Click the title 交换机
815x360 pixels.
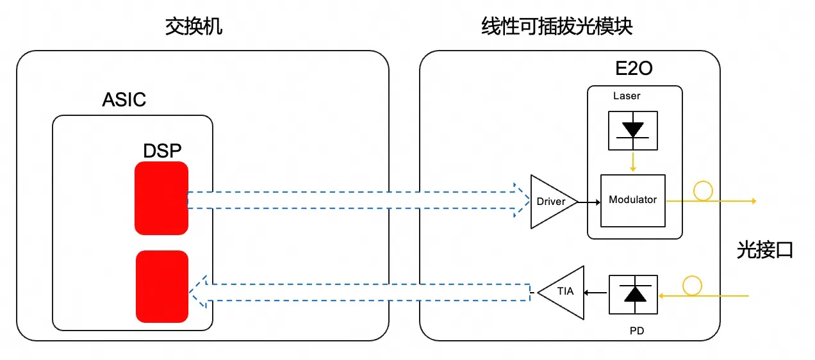(x=193, y=26)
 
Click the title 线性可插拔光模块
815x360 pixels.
(x=557, y=26)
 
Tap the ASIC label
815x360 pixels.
(x=124, y=100)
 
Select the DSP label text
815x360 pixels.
(x=162, y=151)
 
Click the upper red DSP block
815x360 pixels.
(x=161, y=198)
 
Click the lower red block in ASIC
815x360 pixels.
(x=162, y=286)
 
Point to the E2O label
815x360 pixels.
(x=634, y=69)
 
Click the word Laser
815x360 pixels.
(x=627, y=95)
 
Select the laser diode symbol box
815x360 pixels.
(x=633, y=131)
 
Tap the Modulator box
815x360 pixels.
(x=633, y=200)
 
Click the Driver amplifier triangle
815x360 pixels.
(x=554, y=202)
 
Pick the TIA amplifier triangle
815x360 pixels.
(x=561, y=293)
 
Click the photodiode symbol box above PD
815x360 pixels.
(x=634, y=295)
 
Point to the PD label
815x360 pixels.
(x=637, y=331)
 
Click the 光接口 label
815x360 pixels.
(x=765, y=250)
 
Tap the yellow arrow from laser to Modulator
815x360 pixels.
(x=633, y=162)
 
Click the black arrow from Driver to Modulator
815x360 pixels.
(x=589, y=202)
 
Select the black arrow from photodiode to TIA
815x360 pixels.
(x=596, y=292)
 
